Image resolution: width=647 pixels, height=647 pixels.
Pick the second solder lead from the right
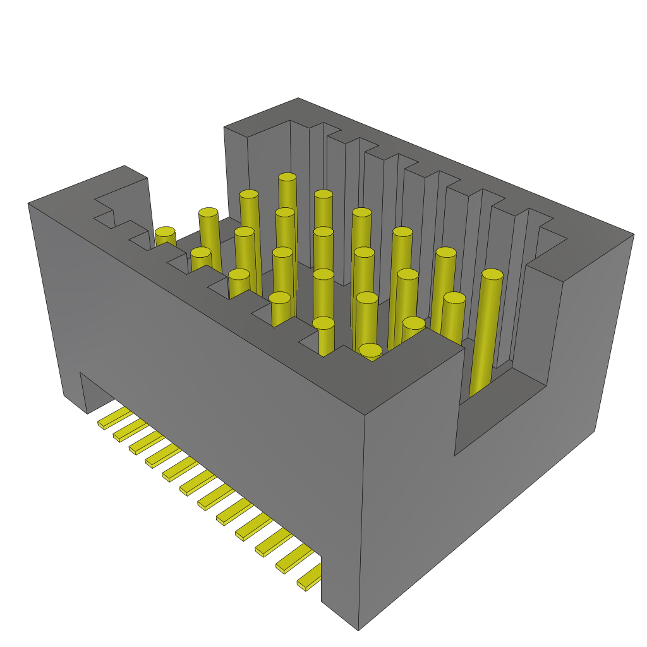pos(292,560)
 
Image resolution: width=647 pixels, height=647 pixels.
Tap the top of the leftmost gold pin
pos(166,233)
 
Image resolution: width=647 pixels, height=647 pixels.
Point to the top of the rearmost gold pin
pos(287,178)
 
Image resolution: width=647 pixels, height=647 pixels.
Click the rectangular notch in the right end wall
pos(499,404)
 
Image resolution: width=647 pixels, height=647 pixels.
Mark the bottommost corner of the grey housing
pos(358,629)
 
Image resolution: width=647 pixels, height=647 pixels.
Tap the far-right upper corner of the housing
pos(633,234)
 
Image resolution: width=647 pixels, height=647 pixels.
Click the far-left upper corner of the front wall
pos(28,203)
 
